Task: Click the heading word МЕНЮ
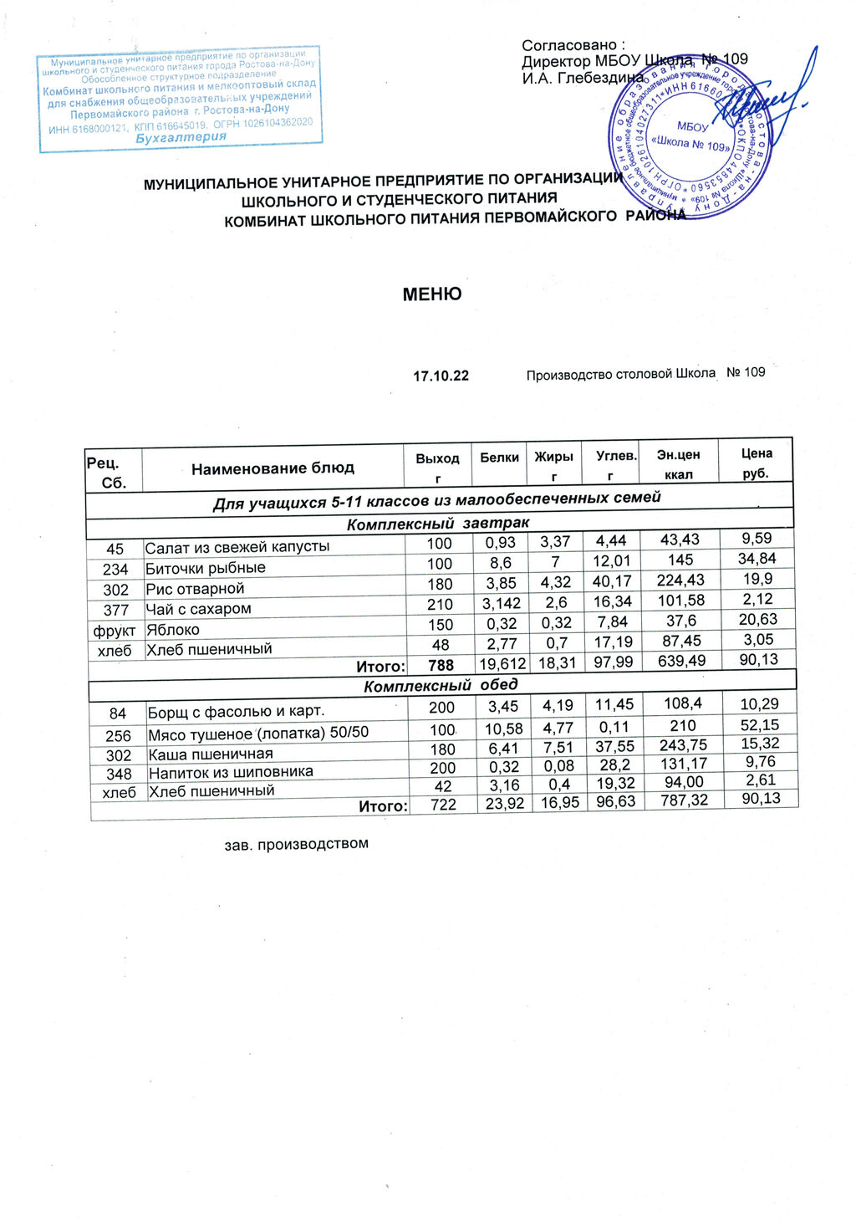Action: pyautogui.click(x=431, y=294)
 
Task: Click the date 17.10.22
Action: pyautogui.click(x=441, y=376)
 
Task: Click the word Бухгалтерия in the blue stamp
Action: pyautogui.click(x=181, y=138)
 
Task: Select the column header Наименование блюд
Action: pyautogui.click(x=273, y=468)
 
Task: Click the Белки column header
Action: pyautogui.click(x=499, y=458)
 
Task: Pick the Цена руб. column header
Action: pyautogui.click(x=756, y=463)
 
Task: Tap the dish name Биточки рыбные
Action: pyautogui.click(x=206, y=568)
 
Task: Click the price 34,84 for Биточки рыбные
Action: pyautogui.click(x=757, y=558)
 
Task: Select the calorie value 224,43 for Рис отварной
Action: pyautogui.click(x=680, y=580)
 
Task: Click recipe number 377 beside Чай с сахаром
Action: pyautogui.click(x=116, y=610)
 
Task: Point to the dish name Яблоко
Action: pyautogui.click(x=173, y=630)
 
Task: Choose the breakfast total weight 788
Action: pyautogui.click(x=441, y=666)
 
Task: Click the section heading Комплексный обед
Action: pyautogui.click(x=441, y=685)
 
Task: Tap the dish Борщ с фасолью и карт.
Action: pyautogui.click(x=237, y=713)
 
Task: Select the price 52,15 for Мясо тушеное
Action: pyautogui.click(x=759, y=724)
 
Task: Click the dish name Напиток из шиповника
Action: pyautogui.click(x=231, y=772)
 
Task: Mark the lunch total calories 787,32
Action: pyautogui.click(x=683, y=802)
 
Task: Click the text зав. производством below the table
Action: pyautogui.click(x=297, y=843)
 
